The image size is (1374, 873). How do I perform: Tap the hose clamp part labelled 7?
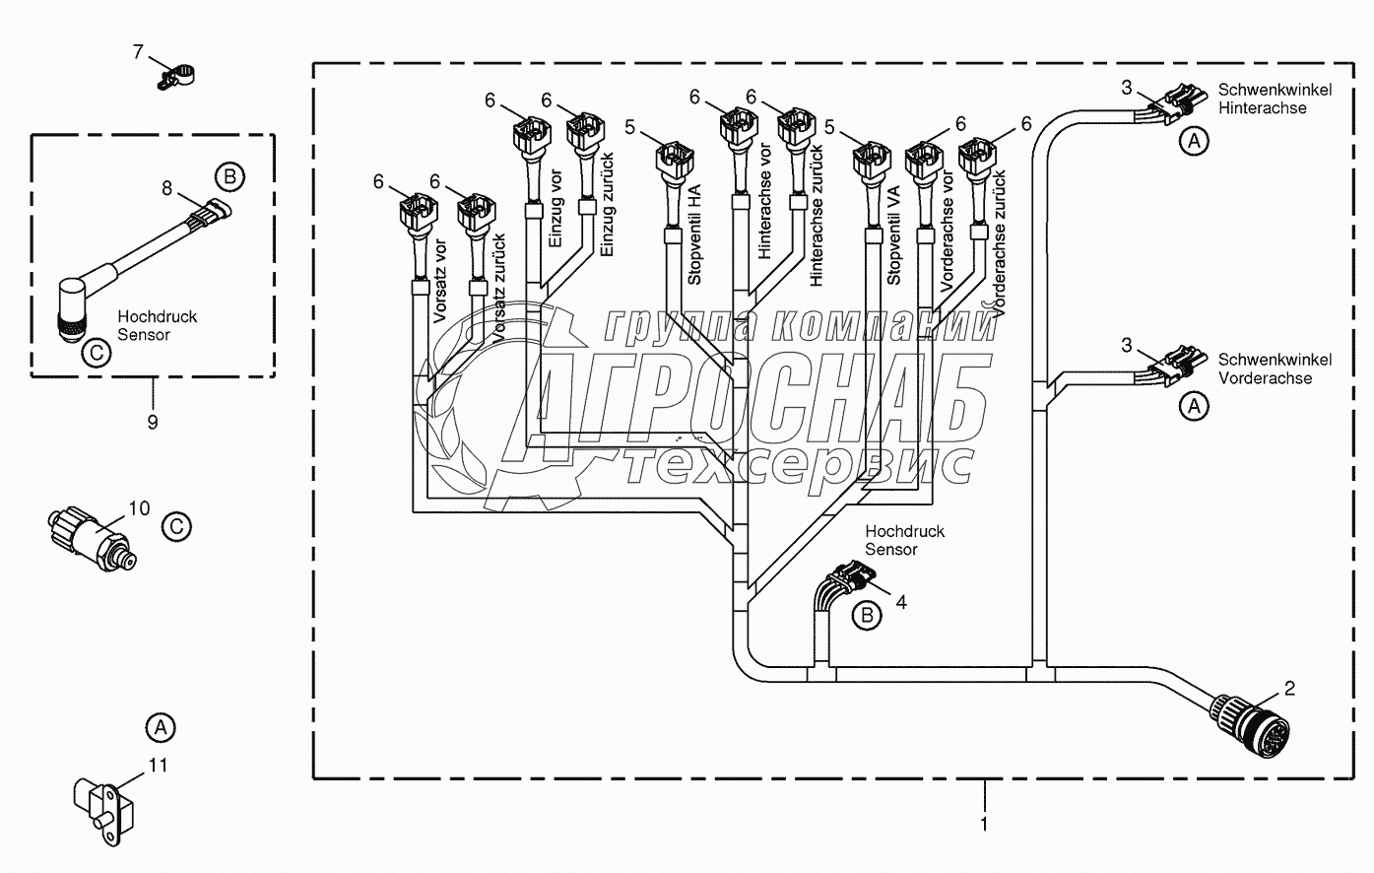tap(176, 75)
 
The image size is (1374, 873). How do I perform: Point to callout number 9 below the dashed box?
tap(153, 422)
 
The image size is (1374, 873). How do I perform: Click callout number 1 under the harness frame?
tap(984, 822)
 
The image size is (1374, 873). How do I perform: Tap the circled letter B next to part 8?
tap(229, 177)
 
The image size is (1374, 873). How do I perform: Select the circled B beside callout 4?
tap(868, 615)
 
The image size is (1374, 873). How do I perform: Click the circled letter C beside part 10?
tap(176, 526)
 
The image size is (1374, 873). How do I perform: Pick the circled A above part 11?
tap(161, 728)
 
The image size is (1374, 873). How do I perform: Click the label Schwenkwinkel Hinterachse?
tap(1275, 99)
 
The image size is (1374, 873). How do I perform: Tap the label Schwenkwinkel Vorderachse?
tap(1275, 369)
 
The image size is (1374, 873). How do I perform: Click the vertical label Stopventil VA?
tap(893, 235)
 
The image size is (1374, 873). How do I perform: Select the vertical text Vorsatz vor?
tap(440, 283)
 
